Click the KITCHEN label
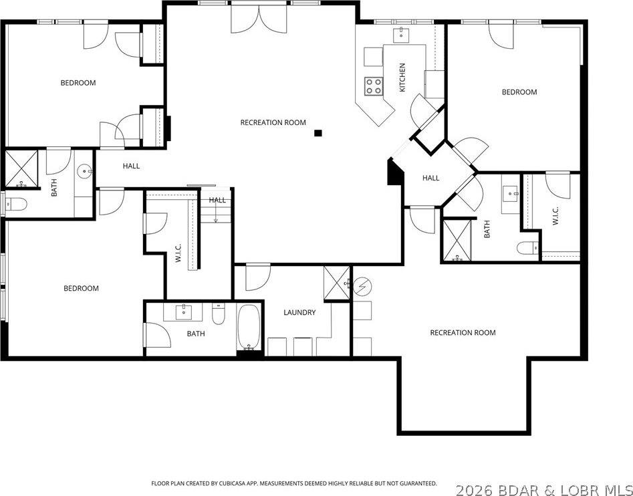pos(402,78)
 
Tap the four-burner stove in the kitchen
pos(374,86)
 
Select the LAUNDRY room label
pos(299,312)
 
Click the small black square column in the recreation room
pos(318,133)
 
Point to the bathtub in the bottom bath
pos(249,328)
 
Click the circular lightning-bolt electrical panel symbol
pos(361,287)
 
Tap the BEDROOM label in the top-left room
pos(78,83)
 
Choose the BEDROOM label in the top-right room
pos(519,92)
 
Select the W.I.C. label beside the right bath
pos(555,215)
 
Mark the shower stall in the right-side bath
pos(457,239)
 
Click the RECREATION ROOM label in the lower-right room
pos(463,333)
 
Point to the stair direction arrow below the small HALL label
pos(216,215)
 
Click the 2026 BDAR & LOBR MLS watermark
pos(543,489)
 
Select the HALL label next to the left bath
pos(131,166)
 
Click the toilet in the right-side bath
pos(527,249)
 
